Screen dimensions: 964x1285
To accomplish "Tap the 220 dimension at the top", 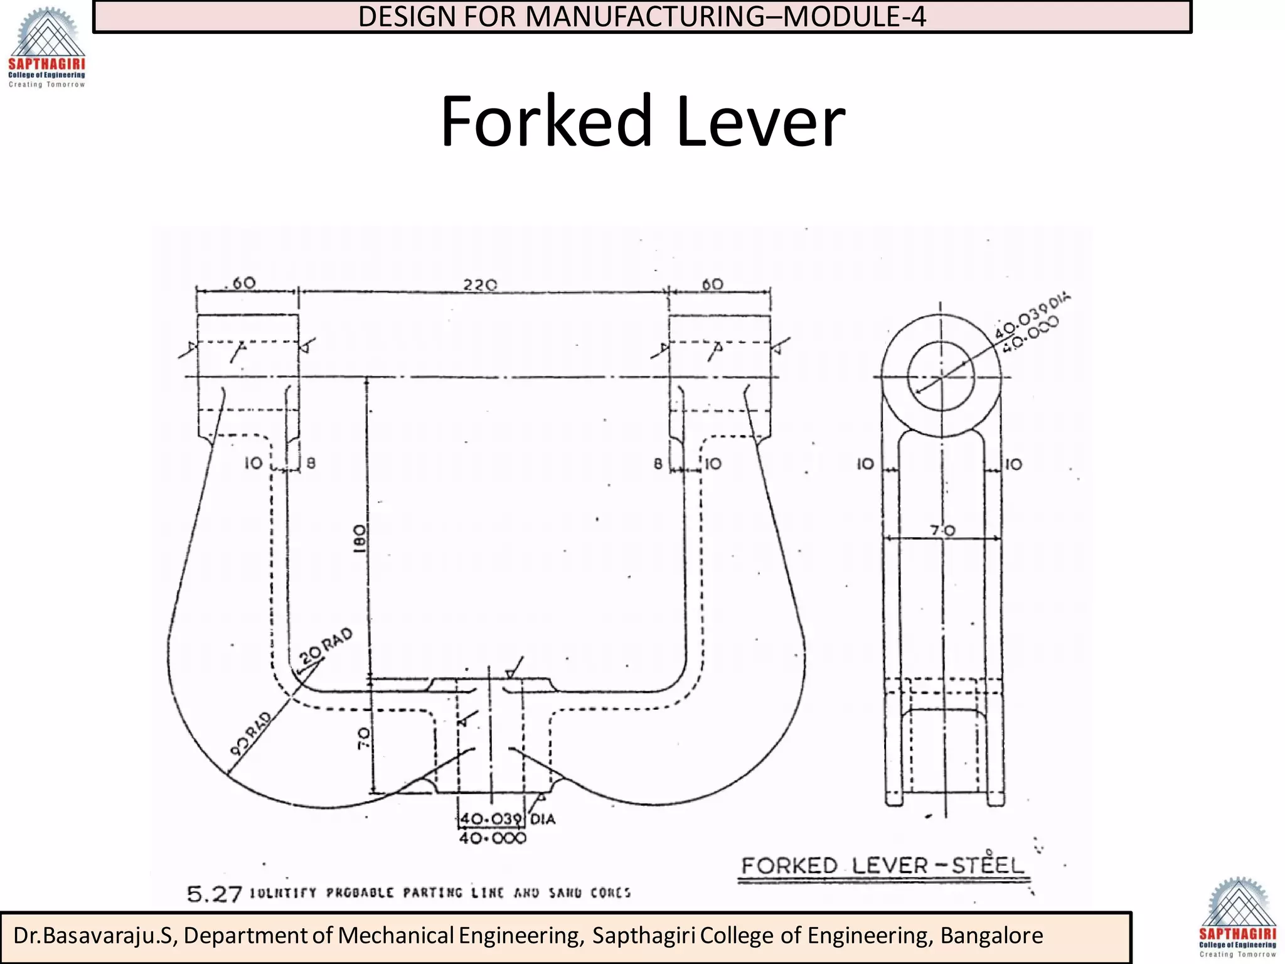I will (480, 285).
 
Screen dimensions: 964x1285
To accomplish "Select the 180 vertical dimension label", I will (359, 538).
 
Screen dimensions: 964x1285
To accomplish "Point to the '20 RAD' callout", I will (326, 646).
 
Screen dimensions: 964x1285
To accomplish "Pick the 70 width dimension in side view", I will (942, 531).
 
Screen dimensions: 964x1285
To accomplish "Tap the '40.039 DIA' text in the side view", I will (1032, 313).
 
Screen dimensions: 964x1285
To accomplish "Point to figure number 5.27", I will (215, 894).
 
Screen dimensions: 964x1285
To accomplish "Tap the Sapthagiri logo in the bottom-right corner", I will (1237, 918).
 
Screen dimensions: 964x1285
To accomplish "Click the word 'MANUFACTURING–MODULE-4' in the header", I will (725, 17).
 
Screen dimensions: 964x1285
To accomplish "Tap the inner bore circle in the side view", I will (941, 377).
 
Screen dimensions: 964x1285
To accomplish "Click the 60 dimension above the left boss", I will (244, 283).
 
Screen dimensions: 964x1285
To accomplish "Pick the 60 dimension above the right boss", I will (713, 284).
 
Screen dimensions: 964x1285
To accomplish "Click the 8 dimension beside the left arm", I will (311, 464).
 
